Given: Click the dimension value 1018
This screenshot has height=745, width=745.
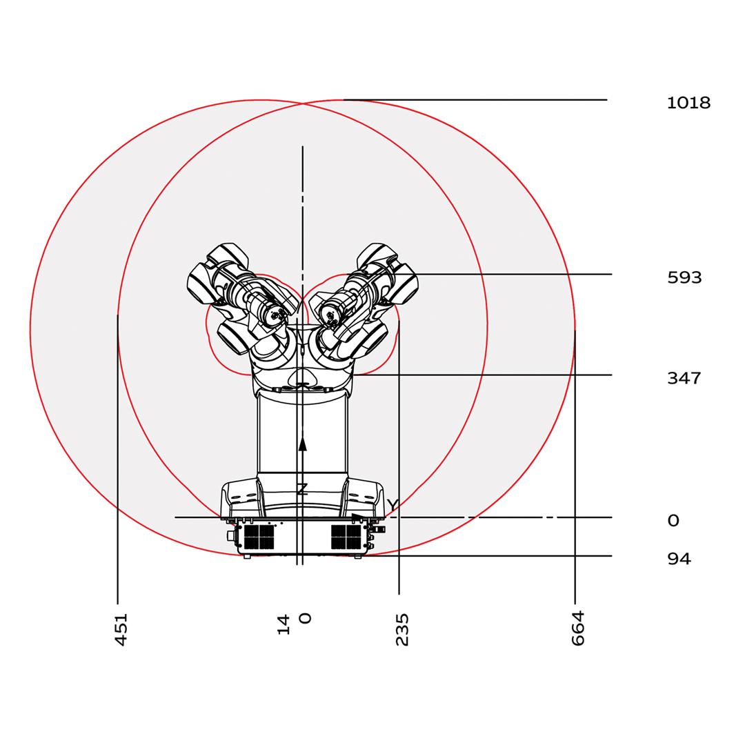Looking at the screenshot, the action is [x=688, y=103].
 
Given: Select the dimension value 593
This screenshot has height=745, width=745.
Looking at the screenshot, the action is [x=684, y=277].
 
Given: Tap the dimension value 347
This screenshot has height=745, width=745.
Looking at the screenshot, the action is [x=684, y=378].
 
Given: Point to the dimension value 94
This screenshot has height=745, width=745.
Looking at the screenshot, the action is [x=679, y=559].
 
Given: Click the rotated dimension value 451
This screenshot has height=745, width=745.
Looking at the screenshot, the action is [x=121, y=630].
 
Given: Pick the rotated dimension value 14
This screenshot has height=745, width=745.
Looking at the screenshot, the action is [x=284, y=624].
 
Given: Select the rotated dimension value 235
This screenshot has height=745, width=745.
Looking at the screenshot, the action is [x=402, y=630].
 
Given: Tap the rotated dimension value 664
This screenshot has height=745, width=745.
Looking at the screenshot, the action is [x=577, y=628].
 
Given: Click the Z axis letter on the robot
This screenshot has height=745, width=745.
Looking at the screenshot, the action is [x=302, y=489].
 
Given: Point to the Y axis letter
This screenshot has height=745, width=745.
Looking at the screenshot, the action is [x=392, y=504].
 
